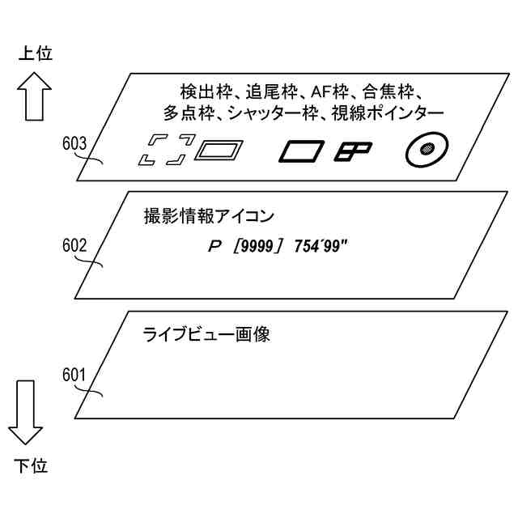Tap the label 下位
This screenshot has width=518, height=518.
31,466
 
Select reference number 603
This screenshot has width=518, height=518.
74,144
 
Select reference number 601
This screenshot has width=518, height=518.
74,374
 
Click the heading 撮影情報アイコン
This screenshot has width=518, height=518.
208,216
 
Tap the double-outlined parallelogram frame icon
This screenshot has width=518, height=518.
221,150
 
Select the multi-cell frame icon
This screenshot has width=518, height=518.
354,149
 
